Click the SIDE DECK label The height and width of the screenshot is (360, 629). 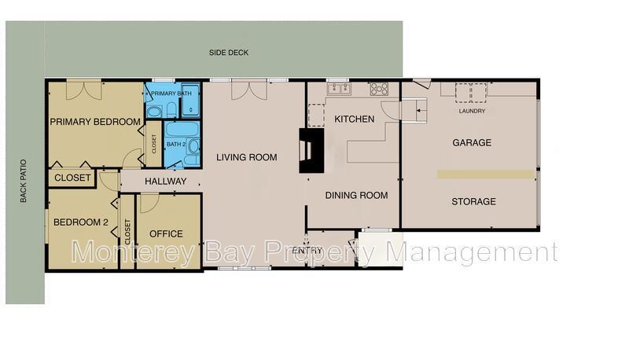tap(228, 53)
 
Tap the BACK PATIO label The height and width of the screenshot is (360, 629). tap(23, 182)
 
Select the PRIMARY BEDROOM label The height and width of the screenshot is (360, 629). tap(95, 122)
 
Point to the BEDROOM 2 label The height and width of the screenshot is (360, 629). tap(80, 222)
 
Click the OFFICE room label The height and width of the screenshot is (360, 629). tap(166, 233)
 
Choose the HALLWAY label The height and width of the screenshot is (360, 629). tap(165, 182)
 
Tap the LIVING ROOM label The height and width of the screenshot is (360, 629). tap(247, 157)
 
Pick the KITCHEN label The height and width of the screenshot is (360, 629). tap(354, 119)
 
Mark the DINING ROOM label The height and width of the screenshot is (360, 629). tap(356, 196)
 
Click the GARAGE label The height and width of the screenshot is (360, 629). tap(472, 143)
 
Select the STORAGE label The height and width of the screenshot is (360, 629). tap(473, 202)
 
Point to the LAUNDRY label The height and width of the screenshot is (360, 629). tap(472, 111)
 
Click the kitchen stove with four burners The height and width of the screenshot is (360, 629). tap(379, 88)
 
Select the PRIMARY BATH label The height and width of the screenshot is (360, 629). tap(171, 94)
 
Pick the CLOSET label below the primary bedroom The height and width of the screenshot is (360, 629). tap(72, 178)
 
